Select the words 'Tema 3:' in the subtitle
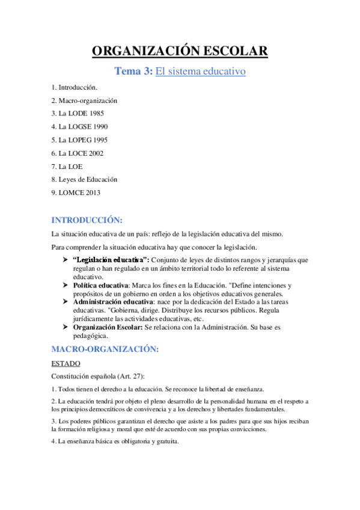click(133, 72)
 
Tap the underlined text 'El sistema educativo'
click(201, 72)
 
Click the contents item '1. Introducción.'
click(74, 88)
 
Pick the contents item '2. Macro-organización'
click(84, 100)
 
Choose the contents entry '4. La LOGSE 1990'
click(79, 127)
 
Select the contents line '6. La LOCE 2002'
click(77, 153)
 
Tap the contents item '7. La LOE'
click(67, 166)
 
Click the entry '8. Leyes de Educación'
click(84, 179)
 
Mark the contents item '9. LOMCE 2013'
click(76, 192)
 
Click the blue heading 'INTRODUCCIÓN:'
click(87, 220)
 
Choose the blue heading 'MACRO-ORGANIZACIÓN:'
click(105, 349)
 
